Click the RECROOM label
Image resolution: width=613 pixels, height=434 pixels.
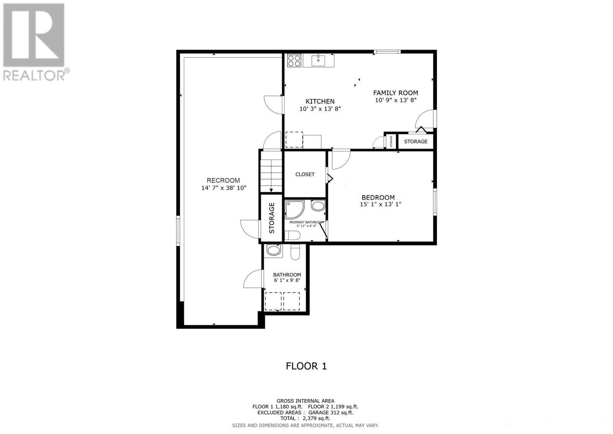[223, 180]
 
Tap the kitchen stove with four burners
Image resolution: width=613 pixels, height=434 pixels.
[294, 61]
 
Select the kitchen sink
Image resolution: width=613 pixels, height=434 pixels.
[318, 60]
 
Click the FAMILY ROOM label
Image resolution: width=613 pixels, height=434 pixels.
[395, 93]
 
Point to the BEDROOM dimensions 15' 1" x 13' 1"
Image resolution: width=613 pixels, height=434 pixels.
[380, 205]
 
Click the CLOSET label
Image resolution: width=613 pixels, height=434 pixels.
[305, 174]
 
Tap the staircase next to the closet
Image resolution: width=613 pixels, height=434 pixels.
[271, 172]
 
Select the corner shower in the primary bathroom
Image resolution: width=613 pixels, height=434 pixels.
[294, 209]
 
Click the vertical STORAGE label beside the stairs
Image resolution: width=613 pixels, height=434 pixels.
[272, 218]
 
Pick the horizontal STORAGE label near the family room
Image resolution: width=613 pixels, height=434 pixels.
[415, 142]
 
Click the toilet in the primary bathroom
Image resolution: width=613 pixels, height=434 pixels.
[292, 235]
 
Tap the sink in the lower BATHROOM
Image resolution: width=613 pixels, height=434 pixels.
[274, 251]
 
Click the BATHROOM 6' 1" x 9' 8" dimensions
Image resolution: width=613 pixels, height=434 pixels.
[287, 281]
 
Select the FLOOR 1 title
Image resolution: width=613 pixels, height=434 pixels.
[306, 366]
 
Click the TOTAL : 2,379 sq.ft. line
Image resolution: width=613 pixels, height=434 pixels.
[305, 419]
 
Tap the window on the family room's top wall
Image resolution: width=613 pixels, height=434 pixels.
[387, 51]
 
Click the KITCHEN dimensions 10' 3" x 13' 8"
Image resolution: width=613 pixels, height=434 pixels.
[320, 109]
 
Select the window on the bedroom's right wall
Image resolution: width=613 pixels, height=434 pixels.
[435, 201]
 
